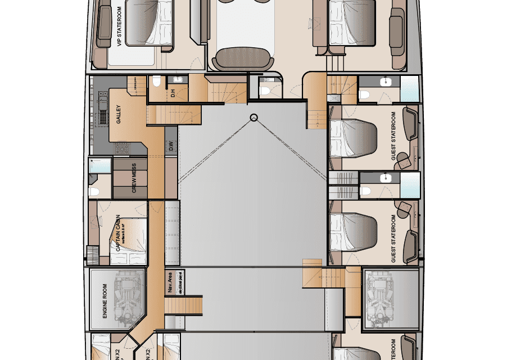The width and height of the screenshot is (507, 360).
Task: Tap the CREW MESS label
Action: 134,178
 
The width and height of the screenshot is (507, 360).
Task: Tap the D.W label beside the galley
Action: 171,147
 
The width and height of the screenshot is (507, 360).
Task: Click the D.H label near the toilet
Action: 173,93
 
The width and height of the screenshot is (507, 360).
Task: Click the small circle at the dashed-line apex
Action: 254,118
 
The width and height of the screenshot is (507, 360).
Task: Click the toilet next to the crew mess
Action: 94,191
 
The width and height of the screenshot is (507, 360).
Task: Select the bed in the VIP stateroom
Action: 149,22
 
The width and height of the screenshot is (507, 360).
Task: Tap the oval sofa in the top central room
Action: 243,58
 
